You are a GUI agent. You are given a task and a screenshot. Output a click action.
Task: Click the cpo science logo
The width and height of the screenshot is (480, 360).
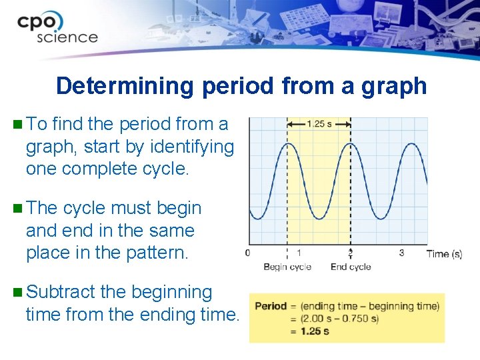point(57,29)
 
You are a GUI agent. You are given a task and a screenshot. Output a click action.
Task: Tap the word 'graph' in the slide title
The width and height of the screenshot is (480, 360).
point(393,86)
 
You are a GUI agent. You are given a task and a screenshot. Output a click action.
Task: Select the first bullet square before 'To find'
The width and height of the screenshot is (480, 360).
point(17,124)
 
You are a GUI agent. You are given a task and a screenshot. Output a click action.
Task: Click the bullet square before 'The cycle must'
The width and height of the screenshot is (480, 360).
point(17,208)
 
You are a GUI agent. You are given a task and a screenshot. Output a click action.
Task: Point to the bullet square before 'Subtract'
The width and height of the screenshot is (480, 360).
point(17,292)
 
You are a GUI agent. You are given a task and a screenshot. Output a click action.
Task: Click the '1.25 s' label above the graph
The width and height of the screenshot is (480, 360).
point(319,123)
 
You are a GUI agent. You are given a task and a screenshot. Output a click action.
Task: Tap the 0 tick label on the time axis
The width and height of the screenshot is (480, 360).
point(248,253)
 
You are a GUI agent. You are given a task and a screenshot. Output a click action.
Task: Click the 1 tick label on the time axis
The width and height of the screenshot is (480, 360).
point(299,253)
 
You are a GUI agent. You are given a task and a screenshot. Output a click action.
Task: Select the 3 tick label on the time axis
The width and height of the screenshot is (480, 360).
point(401,253)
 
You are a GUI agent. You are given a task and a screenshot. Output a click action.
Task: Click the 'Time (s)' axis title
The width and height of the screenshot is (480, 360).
point(444,253)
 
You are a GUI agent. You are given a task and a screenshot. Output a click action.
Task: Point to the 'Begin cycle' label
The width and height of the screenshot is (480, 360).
point(287,267)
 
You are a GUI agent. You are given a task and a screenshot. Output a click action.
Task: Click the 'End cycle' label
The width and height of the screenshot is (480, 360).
point(351,267)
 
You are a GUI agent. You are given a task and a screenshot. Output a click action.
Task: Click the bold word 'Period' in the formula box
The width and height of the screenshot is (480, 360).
point(271,307)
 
